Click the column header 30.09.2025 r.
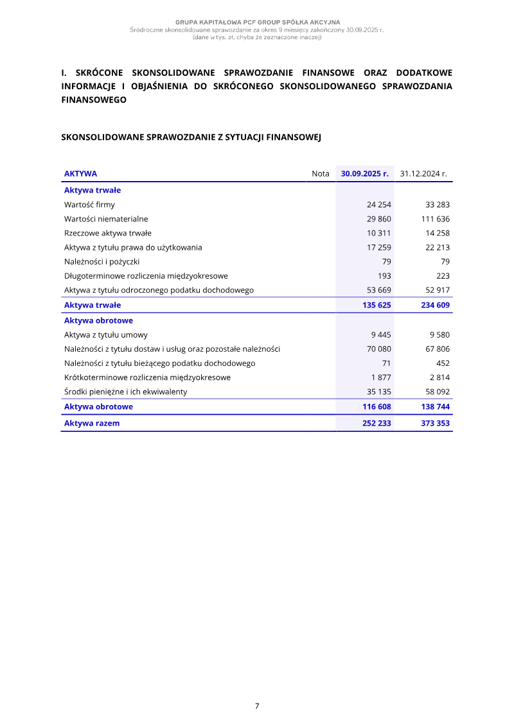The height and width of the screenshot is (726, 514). (x=364, y=173)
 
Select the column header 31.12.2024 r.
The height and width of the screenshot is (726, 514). (x=423, y=173)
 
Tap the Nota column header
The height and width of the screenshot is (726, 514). (x=320, y=173)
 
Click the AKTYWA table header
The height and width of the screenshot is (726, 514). (x=80, y=173)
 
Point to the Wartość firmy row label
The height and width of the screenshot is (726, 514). (x=89, y=205)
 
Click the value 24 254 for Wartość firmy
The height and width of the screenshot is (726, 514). (x=378, y=205)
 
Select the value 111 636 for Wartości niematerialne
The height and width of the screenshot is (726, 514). (x=434, y=219)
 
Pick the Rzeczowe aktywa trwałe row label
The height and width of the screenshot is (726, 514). (x=107, y=233)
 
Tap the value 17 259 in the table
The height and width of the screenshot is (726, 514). (x=378, y=247)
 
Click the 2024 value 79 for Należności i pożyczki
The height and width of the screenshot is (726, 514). (x=445, y=261)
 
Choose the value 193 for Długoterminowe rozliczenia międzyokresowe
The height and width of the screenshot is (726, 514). (x=384, y=275)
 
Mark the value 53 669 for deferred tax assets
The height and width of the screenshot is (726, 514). (x=378, y=290)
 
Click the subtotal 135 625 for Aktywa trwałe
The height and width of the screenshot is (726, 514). (x=377, y=305)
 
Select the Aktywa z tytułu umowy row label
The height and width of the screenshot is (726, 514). (x=106, y=334)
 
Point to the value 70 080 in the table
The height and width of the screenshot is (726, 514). (x=378, y=349)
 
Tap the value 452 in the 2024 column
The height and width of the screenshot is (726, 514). (x=443, y=363)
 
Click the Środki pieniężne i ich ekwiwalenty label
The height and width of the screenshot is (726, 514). (x=126, y=392)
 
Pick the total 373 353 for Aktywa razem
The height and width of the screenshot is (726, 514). (x=435, y=423)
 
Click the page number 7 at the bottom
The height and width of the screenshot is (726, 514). (x=257, y=705)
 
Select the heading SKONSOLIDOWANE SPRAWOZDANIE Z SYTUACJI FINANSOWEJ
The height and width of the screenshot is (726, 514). (x=190, y=137)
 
